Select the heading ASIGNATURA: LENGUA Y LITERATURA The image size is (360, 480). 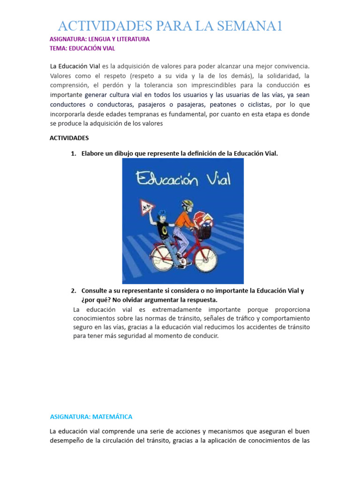point(99,39)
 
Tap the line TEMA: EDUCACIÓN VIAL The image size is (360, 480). point(82,48)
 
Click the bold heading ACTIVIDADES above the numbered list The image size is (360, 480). point(69,138)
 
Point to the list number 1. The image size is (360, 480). point(73,153)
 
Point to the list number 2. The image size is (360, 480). point(73,291)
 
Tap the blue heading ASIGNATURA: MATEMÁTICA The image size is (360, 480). point(91,416)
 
